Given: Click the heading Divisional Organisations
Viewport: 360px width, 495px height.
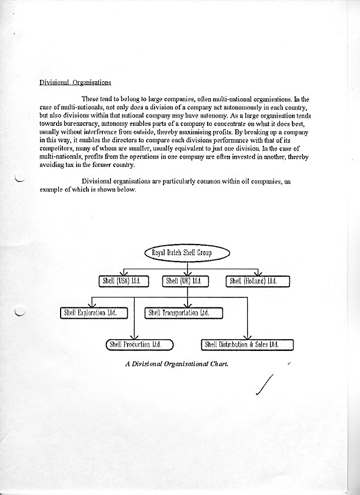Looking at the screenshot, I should coord(75,82).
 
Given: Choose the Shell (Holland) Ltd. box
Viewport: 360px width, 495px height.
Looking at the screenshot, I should coord(258,282).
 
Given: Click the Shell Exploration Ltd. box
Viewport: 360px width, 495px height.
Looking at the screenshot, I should coord(94,313).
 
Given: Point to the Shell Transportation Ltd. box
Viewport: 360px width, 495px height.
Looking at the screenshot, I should coord(185,313).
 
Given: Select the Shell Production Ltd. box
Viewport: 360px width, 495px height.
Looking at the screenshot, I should coord(139,344).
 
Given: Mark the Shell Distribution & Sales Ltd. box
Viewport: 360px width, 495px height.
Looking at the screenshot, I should coord(247,344).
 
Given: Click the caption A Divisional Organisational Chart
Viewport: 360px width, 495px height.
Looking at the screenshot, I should coord(176,363).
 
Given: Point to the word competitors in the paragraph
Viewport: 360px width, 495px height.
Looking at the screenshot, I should coord(55,150).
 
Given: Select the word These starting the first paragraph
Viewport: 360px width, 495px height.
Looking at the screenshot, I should coord(91,99).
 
